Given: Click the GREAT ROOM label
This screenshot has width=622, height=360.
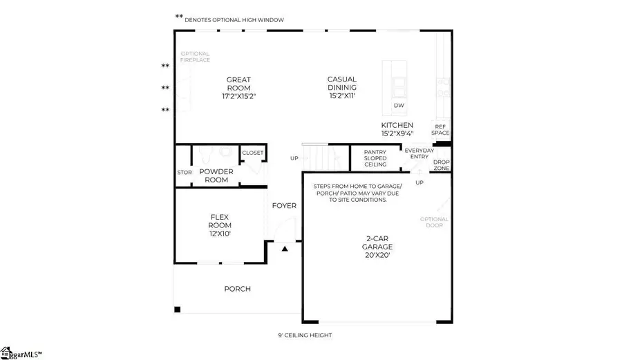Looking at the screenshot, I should coord(238,88).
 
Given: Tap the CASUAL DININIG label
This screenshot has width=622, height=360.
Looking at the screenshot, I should coord(342,88).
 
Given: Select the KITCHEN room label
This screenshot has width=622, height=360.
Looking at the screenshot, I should coord(397,129).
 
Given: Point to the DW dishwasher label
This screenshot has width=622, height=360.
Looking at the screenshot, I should coord(398,106).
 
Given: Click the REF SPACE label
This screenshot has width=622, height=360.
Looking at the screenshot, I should coord(440,129).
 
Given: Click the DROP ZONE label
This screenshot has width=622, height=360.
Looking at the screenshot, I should coord(440,164).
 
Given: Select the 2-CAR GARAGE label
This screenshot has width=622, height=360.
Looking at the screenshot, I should coord(377,246).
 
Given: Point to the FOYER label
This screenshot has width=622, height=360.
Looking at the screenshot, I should coord(284,205).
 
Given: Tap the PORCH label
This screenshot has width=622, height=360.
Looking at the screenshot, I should coord(237,289).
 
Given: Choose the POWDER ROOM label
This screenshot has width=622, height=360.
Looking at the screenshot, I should coord(216,175).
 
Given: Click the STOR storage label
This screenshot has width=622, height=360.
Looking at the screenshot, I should coord(184,172).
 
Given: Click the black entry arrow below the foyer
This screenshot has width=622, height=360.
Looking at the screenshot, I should coord(284,248).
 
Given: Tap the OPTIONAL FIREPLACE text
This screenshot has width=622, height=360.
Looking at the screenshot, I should coord(195,57).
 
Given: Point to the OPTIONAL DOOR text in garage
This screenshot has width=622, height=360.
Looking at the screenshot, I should coord(434,222).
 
